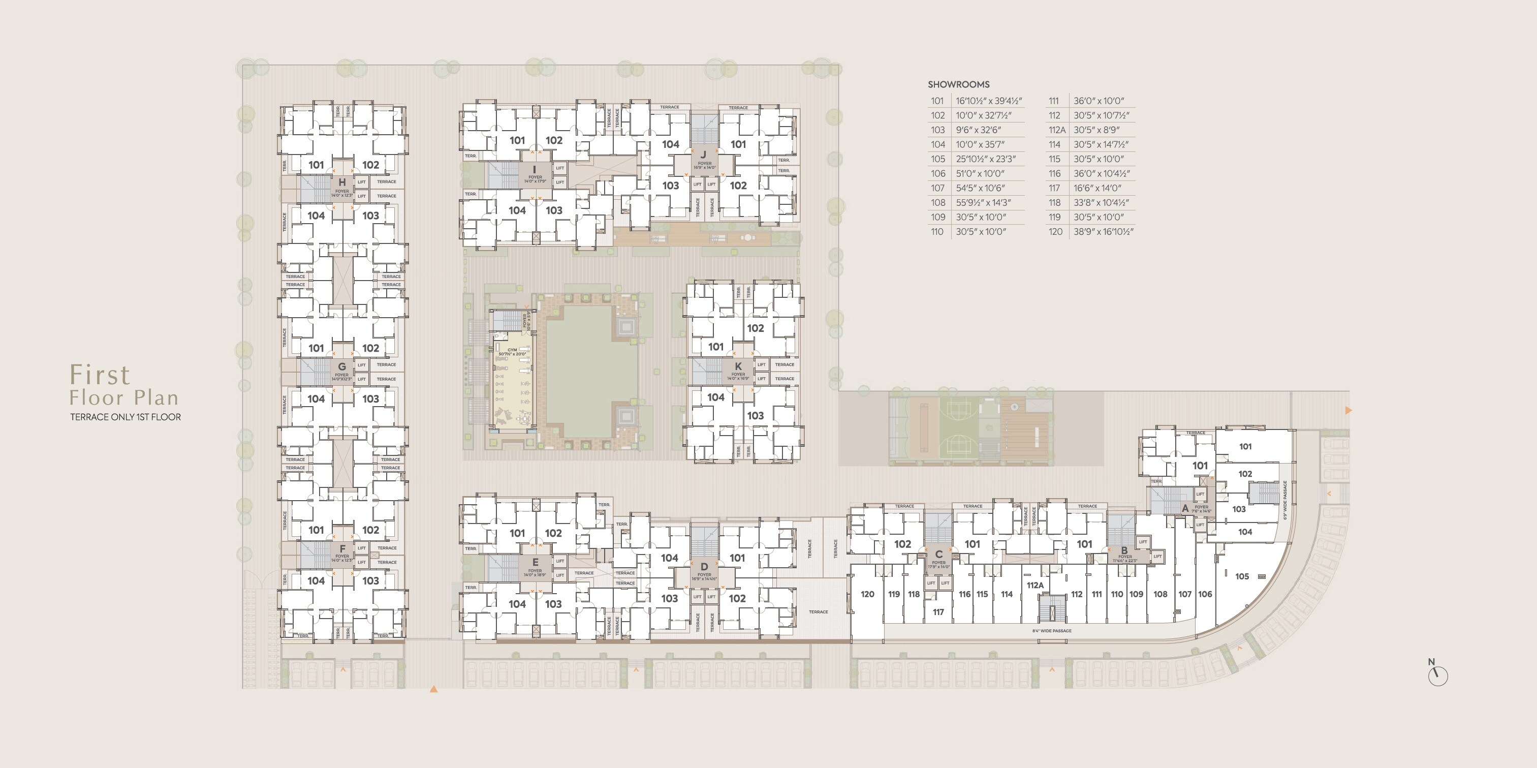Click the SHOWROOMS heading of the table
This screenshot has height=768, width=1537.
click(x=958, y=85)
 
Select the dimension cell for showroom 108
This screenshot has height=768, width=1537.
click(x=983, y=203)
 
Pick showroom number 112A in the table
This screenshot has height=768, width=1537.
click(x=1057, y=130)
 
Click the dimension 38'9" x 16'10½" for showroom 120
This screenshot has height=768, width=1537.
click(x=1103, y=232)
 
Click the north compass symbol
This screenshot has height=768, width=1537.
click(x=1437, y=674)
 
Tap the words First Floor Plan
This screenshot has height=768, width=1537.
click(x=123, y=385)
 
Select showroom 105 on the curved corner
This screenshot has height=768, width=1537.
click(x=1242, y=576)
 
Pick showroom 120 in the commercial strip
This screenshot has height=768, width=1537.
click(x=867, y=594)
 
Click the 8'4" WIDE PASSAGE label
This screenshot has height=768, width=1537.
click(x=1052, y=631)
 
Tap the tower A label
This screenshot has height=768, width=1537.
click(x=1185, y=508)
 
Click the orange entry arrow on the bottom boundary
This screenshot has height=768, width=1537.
click(x=434, y=689)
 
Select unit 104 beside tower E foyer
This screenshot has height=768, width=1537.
click(x=517, y=604)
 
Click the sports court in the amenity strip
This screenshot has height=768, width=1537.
click(x=959, y=428)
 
